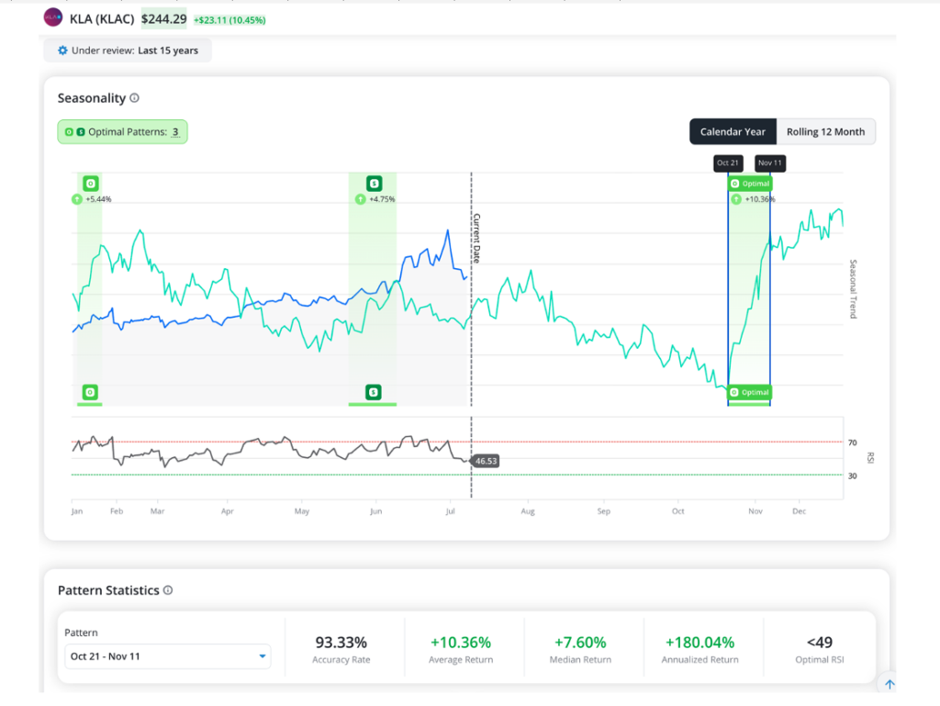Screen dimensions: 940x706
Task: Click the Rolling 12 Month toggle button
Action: coord(825,132)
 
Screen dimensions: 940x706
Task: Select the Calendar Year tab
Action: coord(733,132)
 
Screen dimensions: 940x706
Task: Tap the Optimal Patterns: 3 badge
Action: coord(122,132)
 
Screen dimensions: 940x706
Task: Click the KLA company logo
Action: coord(52,17)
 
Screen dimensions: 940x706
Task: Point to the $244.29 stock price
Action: coord(163,19)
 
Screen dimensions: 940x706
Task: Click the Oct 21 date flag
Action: coord(728,163)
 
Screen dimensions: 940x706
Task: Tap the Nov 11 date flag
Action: coord(770,163)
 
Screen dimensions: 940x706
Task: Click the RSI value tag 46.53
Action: coord(487,461)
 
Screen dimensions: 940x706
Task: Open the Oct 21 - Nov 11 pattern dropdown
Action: coord(167,656)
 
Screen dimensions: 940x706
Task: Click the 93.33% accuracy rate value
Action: coord(341,643)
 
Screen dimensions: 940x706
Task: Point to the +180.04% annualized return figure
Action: coord(699,643)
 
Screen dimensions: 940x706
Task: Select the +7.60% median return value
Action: coord(580,643)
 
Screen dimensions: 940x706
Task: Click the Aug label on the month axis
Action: coord(528,511)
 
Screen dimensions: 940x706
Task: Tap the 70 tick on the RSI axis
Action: coord(853,443)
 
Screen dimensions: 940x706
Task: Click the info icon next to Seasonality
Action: coord(134,97)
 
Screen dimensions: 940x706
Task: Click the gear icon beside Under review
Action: coord(62,50)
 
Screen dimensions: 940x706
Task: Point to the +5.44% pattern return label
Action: coord(98,199)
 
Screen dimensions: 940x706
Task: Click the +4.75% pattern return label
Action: coord(382,199)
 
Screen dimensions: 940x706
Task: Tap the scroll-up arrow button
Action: coord(890,684)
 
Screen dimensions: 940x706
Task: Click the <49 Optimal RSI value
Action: coord(820,643)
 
